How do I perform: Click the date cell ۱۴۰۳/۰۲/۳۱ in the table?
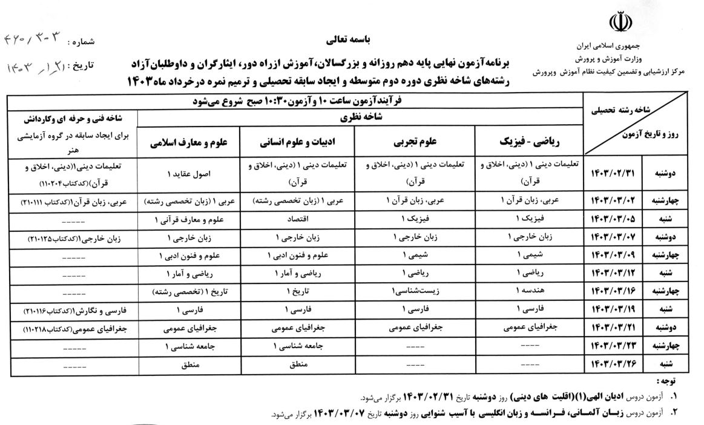click(616, 173)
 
